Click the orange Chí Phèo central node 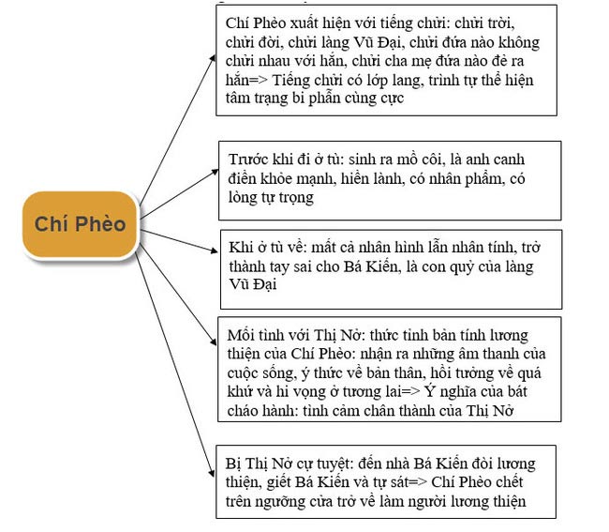[x=80, y=223]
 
